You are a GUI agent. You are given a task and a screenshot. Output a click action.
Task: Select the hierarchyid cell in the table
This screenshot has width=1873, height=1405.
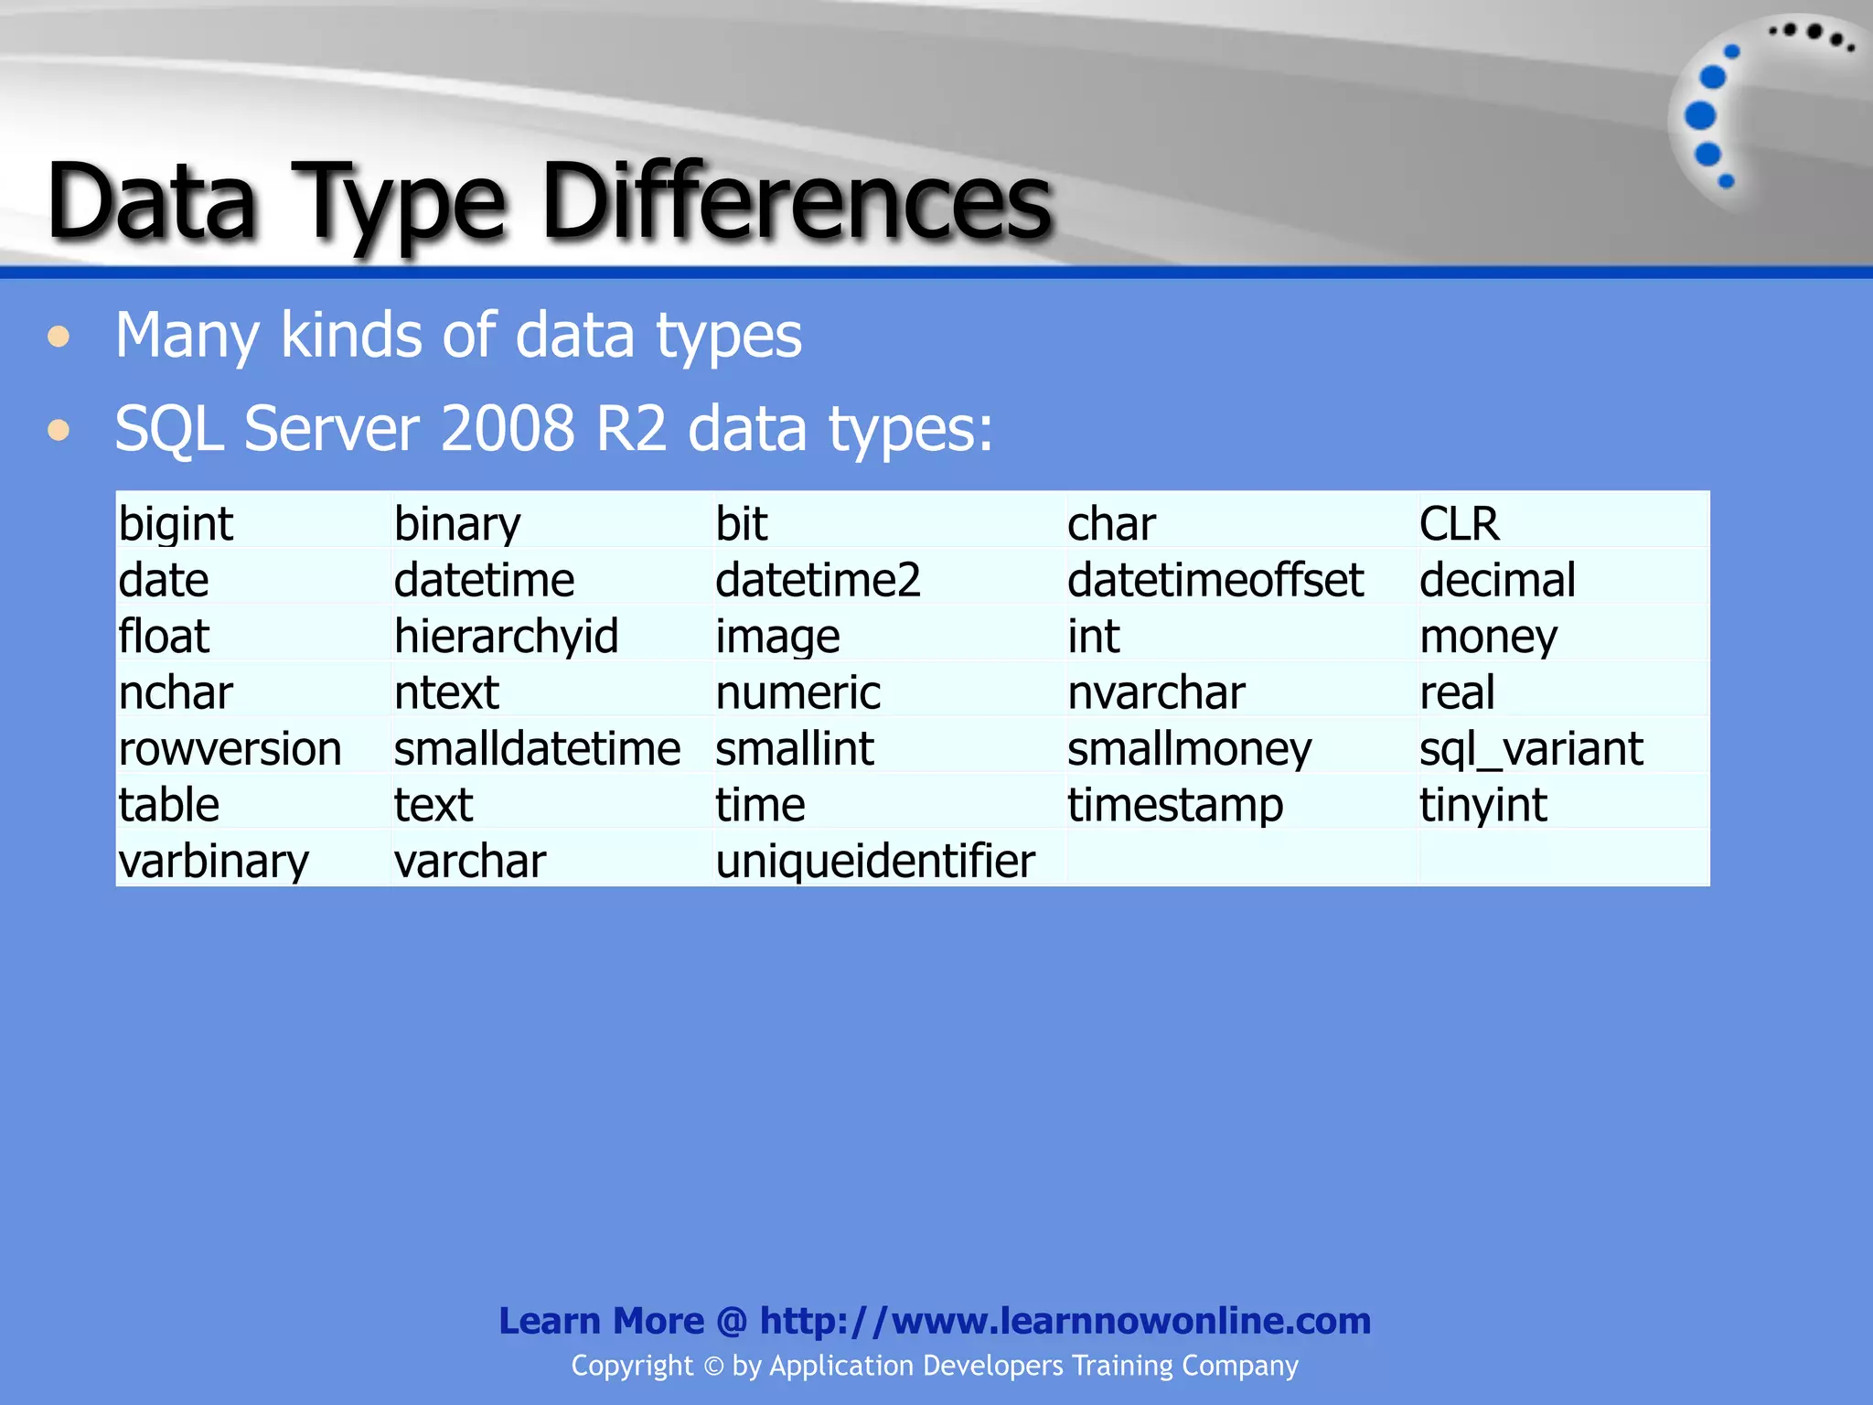tap(506, 636)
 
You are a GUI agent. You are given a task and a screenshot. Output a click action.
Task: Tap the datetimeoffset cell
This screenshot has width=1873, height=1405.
tap(1215, 580)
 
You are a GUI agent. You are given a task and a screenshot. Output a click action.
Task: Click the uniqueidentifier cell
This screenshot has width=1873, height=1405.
tap(875, 861)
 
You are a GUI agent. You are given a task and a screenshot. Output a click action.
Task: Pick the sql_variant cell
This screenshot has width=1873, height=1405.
tap(1530, 748)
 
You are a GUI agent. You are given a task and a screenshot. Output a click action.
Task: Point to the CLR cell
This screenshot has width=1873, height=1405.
tap(1459, 524)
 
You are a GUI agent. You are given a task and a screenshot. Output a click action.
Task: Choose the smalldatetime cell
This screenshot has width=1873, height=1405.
tap(537, 748)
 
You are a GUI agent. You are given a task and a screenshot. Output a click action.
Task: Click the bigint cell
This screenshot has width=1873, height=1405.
tap(176, 524)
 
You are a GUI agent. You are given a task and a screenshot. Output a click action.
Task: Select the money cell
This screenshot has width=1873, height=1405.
tap(1488, 636)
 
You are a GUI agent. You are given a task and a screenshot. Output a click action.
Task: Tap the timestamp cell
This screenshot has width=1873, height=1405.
tap(1175, 805)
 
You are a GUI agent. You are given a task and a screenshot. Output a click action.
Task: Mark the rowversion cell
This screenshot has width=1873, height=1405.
tap(230, 748)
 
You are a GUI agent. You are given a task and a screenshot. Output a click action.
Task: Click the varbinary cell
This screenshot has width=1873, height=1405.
tap(213, 861)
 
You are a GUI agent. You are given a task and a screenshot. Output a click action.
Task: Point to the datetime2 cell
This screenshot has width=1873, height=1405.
tap(818, 580)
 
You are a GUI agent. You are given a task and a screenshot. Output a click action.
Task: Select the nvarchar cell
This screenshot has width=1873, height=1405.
tap(1156, 692)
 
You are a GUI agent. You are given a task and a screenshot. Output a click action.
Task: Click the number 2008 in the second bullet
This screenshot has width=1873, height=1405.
tap(508, 428)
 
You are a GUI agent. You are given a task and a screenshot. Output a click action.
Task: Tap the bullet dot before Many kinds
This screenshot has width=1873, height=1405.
tap(59, 337)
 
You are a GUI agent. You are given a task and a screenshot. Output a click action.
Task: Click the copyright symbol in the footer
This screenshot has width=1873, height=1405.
tap(713, 1367)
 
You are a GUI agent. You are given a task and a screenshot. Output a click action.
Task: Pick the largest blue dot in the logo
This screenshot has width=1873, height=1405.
tap(1700, 116)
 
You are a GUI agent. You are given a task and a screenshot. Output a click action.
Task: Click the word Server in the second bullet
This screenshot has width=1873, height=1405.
tap(331, 428)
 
